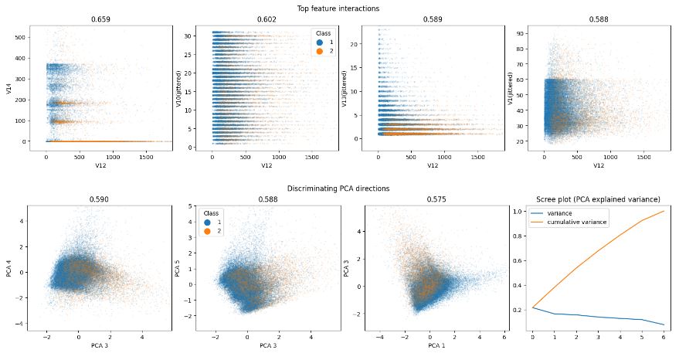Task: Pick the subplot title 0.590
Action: pyautogui.click(x=100, y=199)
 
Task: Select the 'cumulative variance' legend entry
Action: pyautogui.click(x=574, y=222)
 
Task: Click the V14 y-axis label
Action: pyautogui.click(x=8, y=89)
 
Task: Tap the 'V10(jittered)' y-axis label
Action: pyautogui.click(x=178, y=89)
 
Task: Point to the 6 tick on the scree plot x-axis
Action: pyautogui.click(x=664, y=336)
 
